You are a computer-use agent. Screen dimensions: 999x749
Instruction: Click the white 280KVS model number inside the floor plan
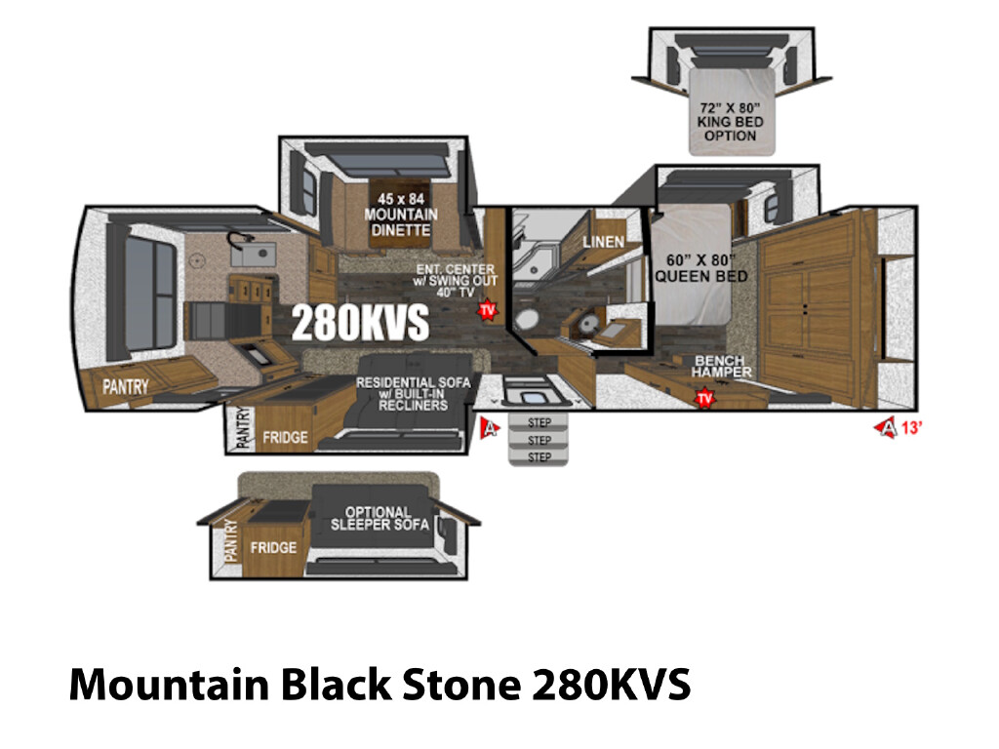[x=360, y=323]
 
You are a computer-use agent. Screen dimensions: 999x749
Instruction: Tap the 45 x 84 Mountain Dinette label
[x=401, y=215]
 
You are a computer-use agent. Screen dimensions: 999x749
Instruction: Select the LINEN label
[x=603, y=242]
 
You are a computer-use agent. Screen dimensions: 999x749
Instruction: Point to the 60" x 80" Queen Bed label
[x=700, y=268]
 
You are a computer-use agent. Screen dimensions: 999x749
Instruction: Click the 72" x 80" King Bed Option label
[x=730, y=122]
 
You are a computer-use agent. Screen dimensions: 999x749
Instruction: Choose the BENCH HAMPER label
[x=721, y=367]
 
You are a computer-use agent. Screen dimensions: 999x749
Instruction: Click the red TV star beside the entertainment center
[x=488, y=310]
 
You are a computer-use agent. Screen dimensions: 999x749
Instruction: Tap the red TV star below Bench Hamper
[x=704, y=399]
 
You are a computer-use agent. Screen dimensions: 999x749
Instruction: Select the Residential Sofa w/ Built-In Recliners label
[x=413, y=394]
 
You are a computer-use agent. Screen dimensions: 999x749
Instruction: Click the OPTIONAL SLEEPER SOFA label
[x=380, y=519]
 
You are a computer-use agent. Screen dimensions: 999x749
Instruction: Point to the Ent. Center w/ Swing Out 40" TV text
[x=455, y=280]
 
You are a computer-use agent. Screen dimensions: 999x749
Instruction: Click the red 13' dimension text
[x=911, y=428]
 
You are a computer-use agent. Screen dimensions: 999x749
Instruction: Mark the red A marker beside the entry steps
[x=490, y=428]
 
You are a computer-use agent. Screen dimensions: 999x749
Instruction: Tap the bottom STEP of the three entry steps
[x=539, y=457]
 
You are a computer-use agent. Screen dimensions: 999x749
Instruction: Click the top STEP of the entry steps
[x=539, y=422]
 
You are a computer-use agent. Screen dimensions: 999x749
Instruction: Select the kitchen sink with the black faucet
[x=253, y=253]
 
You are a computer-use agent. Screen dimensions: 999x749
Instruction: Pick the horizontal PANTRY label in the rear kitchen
[x=126, y=386]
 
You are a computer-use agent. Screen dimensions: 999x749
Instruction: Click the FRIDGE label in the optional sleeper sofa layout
[x=273, y=548]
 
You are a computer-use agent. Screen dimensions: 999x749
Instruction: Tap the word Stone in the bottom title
[x=461, y=685]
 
